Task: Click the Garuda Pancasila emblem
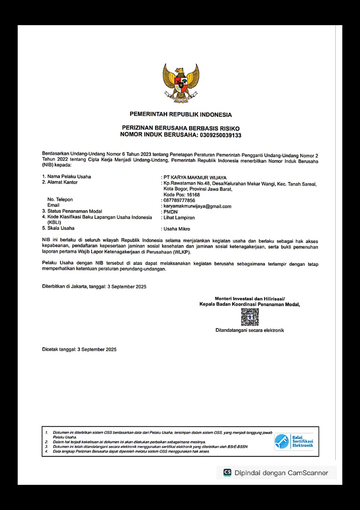tap(181, 82)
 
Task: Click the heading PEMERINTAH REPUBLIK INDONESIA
tap(181, 114)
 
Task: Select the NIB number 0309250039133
tap(220, 135)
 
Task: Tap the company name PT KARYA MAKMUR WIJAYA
tap(195, 178)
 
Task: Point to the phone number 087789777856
tap(179, 201)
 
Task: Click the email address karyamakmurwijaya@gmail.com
tap(197, 206)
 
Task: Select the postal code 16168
tap(193, 195)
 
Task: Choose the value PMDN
tap(171, 212)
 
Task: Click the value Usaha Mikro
tap(177, 229)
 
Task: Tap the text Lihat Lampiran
tap(179, 218)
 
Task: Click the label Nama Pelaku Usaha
tap(69, 177)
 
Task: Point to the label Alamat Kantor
tap(62, 182)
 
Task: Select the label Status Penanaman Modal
tap(74, 211)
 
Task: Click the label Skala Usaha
tap(61, 228)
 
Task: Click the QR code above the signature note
tap(250, 317)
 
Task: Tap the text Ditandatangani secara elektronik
tap(250, 330)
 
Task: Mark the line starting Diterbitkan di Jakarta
tap(94, 287)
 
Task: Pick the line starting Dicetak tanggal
tap(79, 349)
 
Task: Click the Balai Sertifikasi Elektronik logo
tap(294, 441)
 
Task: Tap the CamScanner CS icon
tap(227, 472)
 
